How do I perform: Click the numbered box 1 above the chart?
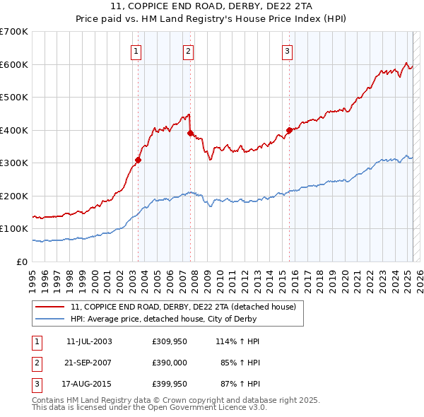click(x=135, y=50)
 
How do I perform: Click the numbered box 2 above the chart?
click(x=189, y=50)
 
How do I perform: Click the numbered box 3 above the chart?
click(x=288, y=50)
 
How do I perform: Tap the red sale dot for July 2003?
click(x=139, y=160)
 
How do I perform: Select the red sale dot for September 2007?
click(x=191, y=133)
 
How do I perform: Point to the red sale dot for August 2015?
click(x=289, y=130)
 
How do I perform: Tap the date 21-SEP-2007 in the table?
click(x=89, y=363)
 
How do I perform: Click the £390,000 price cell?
click(x=170, y=363)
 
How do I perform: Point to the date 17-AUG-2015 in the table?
click(x=89, y=385)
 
